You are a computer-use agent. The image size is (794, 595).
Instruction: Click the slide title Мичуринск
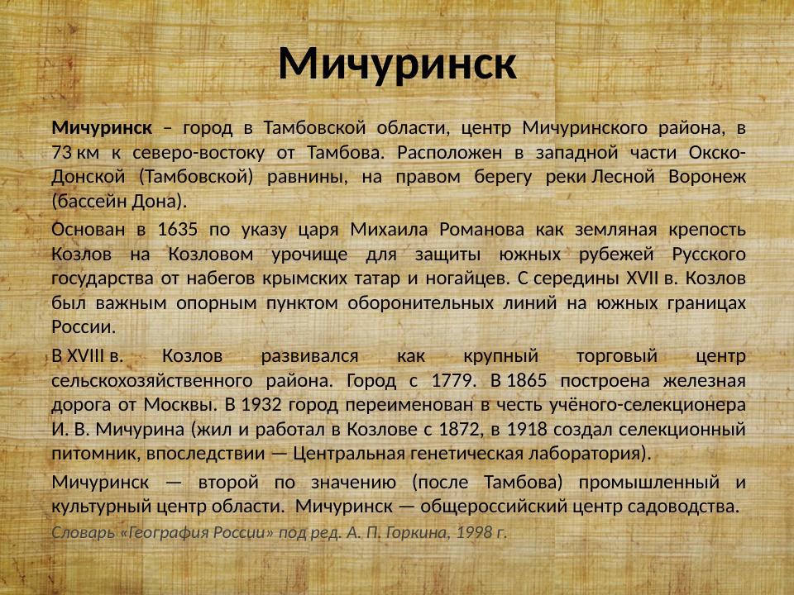397,64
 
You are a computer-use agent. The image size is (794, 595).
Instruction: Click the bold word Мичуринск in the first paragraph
102,128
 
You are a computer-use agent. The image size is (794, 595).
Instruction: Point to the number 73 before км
61,153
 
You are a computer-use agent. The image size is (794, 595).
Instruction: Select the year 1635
176,229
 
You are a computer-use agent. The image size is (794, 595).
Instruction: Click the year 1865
526,381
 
